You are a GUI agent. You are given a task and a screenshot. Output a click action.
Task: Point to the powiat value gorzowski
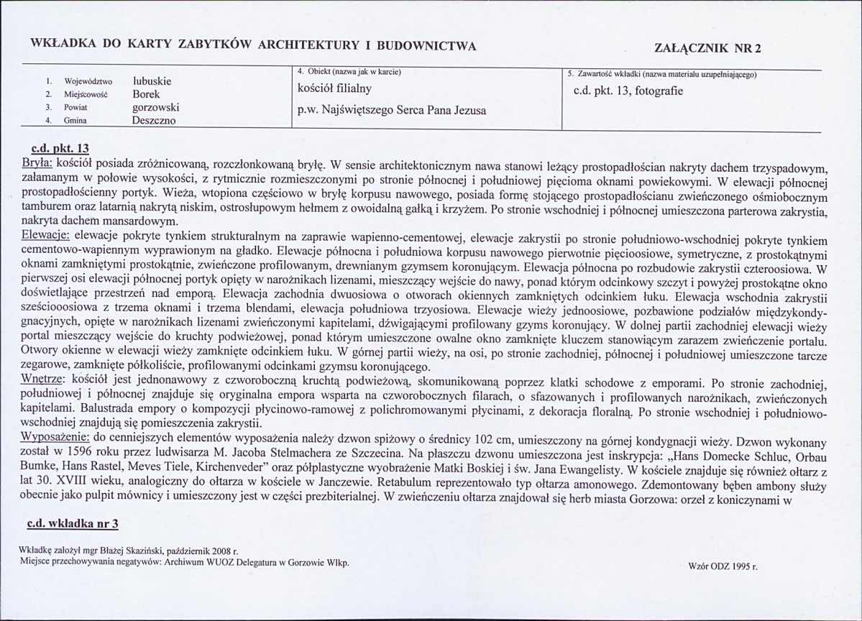pos(155,107)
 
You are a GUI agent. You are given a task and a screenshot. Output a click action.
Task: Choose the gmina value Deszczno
pos(154,120)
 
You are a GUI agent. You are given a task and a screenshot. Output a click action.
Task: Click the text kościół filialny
pos(334,89)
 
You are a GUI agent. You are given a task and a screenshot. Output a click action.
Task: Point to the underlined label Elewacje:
pos(46,238)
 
